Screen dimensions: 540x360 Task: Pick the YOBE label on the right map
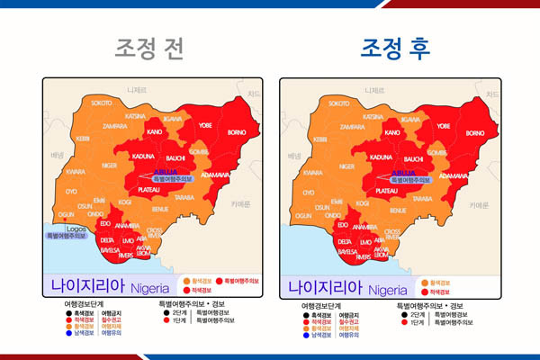pyautogui.click(x=443, y=126)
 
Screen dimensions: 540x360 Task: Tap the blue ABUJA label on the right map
pyautogui.click(x=405, y=172)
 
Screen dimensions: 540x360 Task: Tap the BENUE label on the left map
pyautogui.click(x=159, y=210)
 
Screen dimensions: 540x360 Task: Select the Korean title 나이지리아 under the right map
pyautogui.click(x=325, y=289)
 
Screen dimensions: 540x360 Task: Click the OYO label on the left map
pyautogui.click(x=71, y=192)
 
